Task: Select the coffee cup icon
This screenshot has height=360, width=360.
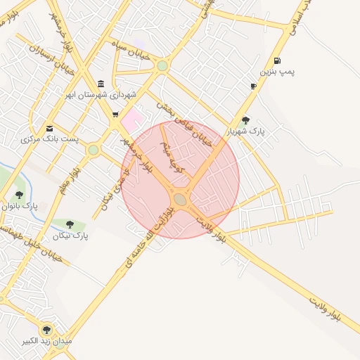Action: tap(253, 86)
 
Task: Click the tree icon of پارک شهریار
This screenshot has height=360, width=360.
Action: tap(245, 120)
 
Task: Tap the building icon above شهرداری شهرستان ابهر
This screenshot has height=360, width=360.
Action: tap(101, 84)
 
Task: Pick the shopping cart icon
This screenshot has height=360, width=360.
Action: tap(115, 114)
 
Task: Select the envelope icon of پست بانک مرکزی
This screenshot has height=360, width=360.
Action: tap(49, 128)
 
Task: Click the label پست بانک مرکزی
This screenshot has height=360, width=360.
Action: tap(49, 139)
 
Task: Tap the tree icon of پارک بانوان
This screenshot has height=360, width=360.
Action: tap(19, 195)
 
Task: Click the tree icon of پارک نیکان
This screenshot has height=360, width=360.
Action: tap(71, 224)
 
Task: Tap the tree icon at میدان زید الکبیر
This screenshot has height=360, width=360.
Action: tap(47, 329)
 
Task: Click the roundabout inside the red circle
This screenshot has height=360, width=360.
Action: tap(181, 200)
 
